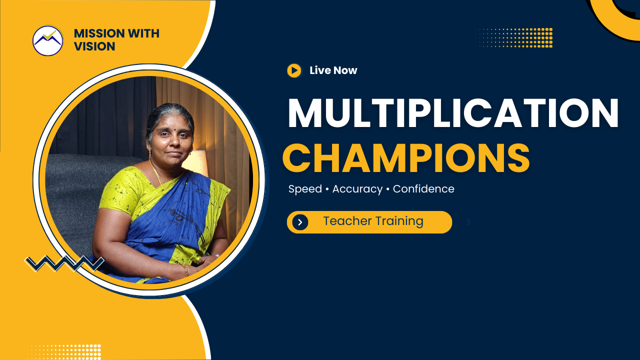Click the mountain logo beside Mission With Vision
pyautogui.click(x=48, y=40)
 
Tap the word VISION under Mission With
pyautogui.click(x=94, y=46)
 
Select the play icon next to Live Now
pyautogui.click(x=294, y=70)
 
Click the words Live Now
pyautogui.click(x=333, y=70)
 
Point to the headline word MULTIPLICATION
pyautogui.click(x=453, y=114)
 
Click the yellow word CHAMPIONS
pyautogui.click(x=406, y=158)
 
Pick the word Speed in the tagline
pyautogui.click(x=305, y=189)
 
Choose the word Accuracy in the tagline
pyautogui.click(x=357, y=189)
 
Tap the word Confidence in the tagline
pyautogui.click(x=423, y=189)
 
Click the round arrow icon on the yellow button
pyautogui.click(x=300, y=222)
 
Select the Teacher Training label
pyautogui.click(x=373, y=221)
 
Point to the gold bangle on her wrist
pyautogui.click(x=185, y=270)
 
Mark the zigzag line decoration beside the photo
pyautogui.click(x=64, y=263)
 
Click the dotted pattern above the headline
pyautogui.click(x=513, y=37)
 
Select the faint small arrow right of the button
pyautogui.click(x=468, y=222)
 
